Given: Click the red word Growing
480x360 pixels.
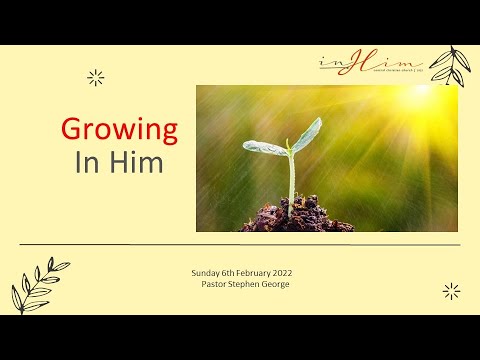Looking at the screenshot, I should [x=120, y=129].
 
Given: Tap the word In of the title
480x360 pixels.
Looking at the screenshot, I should [x=86, y=163].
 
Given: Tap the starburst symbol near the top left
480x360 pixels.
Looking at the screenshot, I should [x=96, y=77].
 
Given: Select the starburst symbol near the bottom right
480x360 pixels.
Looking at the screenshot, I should [x=451, y=291].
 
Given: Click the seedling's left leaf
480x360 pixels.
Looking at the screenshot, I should [x=264, y=148].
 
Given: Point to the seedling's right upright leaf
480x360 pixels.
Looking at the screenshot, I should [x=306, y=133].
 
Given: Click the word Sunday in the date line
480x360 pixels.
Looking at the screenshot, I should [x=206, y=273].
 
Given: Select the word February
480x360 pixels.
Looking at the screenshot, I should [x=254, y=273].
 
